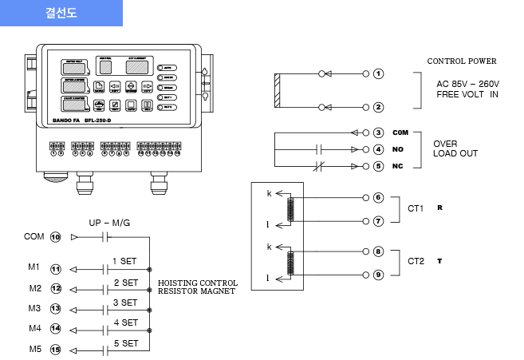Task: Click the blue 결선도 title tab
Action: [61, 14]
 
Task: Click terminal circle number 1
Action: [378, 74]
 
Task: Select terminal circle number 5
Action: [378, 166]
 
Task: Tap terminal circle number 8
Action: [378, 251]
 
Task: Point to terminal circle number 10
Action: [56, 237]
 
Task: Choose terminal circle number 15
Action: [56, 349]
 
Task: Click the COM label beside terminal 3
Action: [400, 133]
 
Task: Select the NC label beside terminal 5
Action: [400, 166]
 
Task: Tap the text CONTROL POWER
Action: [461, 61]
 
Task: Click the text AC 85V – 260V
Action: [467, 83]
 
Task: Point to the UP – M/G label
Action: [109, 223]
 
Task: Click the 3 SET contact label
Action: [125, 303]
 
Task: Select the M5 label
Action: [34, 349]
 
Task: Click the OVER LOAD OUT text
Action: [455, 148]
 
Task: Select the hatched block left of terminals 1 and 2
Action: [276, 90]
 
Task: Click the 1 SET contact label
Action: [125, 261]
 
